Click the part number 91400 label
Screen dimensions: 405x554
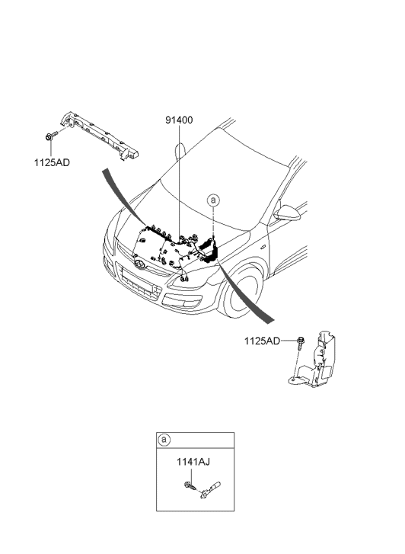pyautogui.click(x=179, y=120)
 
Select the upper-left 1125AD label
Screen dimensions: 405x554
pyautogui.click(x=52, y=162)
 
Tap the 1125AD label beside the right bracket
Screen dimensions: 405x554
pyautogui.click(x=262, y=341)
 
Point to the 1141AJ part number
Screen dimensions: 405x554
pyautogui.click(x=193, y=462)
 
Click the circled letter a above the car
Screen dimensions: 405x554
pyautogui.click(x=213, y=200)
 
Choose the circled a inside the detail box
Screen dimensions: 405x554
pyautogui.click(x=164, y=440)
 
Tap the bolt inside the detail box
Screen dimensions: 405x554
pyautogui.click(x=190, y=486)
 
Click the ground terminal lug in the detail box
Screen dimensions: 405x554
pyautogui.click(x=210, y=489)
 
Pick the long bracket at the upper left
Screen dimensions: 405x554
pyautogui.click(x=100, y=136)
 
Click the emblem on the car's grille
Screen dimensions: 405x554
pyautogui.click(x=139, y=264)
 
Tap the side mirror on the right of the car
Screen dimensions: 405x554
pyautogui.click(x=287, y=213)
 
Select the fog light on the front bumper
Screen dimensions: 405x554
pyautogui.click(x=181, y=303)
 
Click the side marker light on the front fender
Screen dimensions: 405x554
pyautogui.click(x=263, y=246)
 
